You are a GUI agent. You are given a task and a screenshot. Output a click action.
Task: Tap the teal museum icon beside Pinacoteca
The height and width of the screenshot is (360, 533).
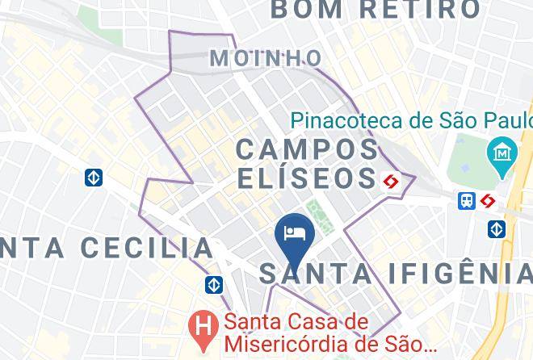502,151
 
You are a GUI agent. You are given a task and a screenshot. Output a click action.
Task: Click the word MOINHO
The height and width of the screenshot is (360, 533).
266,58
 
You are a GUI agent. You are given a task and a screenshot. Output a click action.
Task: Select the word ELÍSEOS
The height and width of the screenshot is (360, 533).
307,178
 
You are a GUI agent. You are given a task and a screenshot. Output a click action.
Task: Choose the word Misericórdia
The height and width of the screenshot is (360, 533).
287,344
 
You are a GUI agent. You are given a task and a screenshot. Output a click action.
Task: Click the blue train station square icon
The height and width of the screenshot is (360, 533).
467,200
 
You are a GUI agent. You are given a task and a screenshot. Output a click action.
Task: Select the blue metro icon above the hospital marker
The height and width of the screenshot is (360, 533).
214,284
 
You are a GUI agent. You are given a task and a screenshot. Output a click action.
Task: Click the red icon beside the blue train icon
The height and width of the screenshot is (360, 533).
488,200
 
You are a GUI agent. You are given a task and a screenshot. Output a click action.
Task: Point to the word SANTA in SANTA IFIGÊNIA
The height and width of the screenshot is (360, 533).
317,274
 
